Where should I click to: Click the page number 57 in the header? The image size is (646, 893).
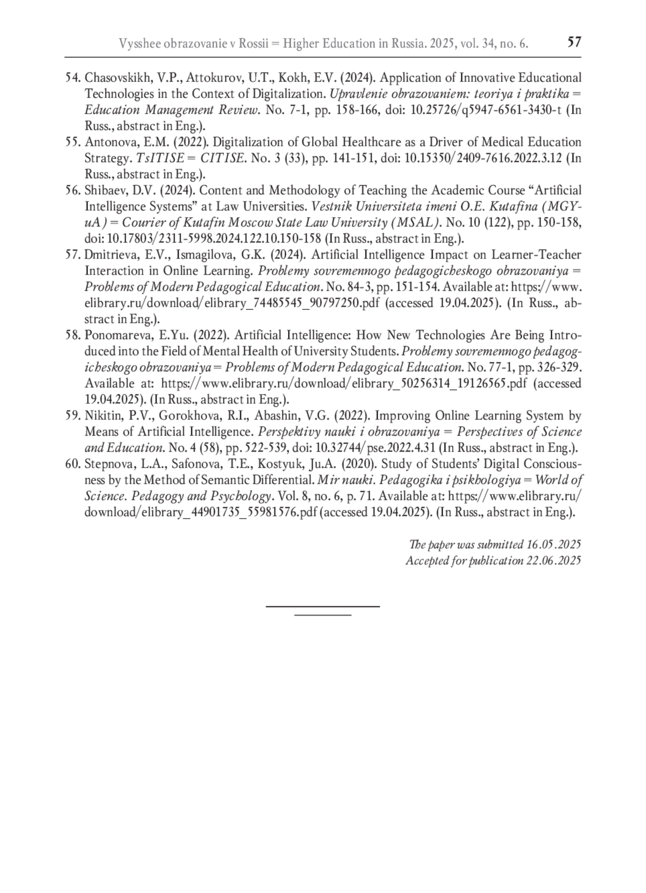click(574, 42)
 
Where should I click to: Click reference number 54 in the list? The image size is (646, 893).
click(73, 78)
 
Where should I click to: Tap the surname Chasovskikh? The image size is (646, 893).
click(114, 78)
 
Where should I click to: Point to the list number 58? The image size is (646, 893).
click(73, 336)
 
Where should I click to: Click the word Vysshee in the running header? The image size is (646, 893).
click(137, 44)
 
